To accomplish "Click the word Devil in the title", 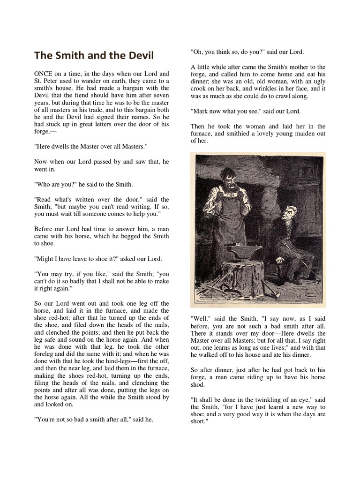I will pos(140,55).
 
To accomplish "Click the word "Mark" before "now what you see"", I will pos(200,111).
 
